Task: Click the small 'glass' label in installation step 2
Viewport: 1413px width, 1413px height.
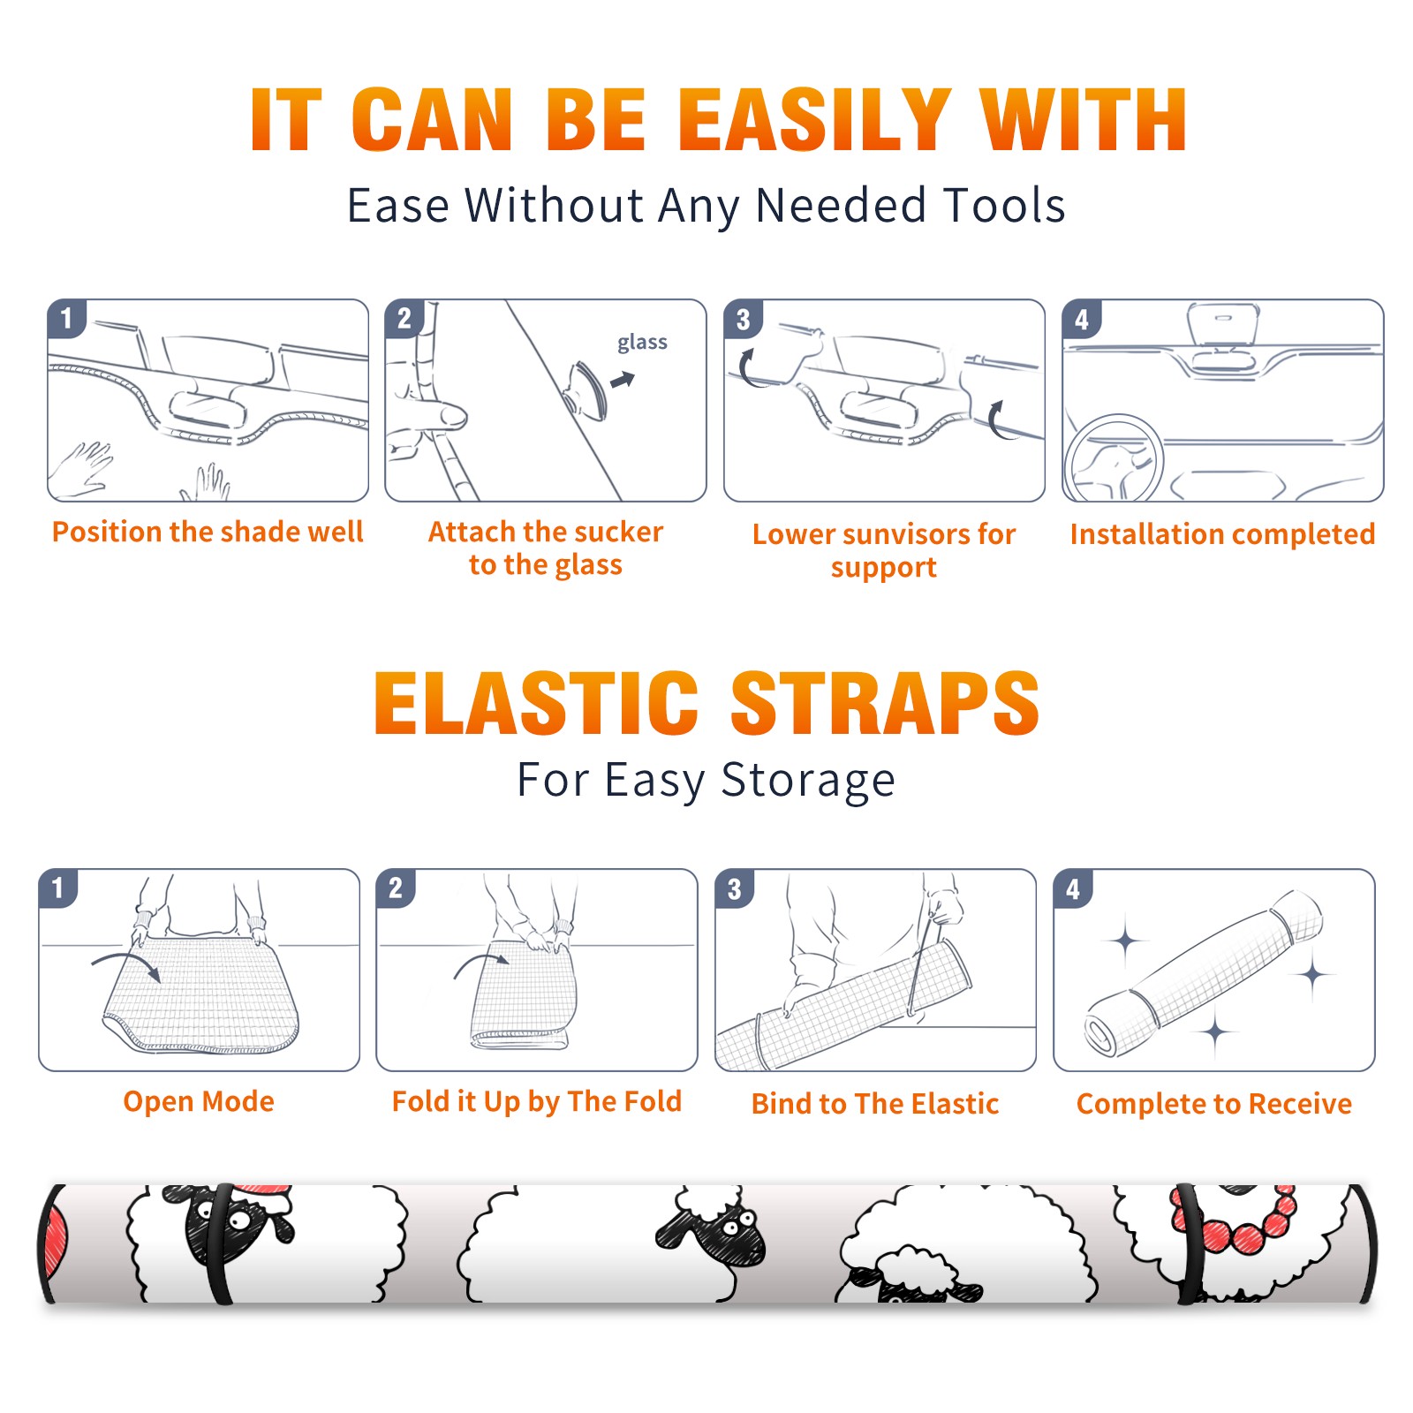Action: point(642,343)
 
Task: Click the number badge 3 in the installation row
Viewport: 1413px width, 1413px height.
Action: point(743,319)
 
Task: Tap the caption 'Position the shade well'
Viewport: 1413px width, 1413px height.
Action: point(208,532)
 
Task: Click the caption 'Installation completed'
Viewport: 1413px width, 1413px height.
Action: point(1222,534)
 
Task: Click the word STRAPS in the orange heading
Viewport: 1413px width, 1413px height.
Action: point(885,703)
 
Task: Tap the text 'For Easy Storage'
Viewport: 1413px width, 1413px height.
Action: point(706,781)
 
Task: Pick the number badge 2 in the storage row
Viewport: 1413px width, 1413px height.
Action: point(396,888)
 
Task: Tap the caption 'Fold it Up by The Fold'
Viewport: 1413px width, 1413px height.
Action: point(537,1101)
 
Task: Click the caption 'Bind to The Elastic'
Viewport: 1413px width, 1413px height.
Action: point(875,1104)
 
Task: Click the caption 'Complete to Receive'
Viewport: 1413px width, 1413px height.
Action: point(1214,1104)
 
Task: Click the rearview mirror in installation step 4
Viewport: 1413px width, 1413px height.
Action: point(1223,328)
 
